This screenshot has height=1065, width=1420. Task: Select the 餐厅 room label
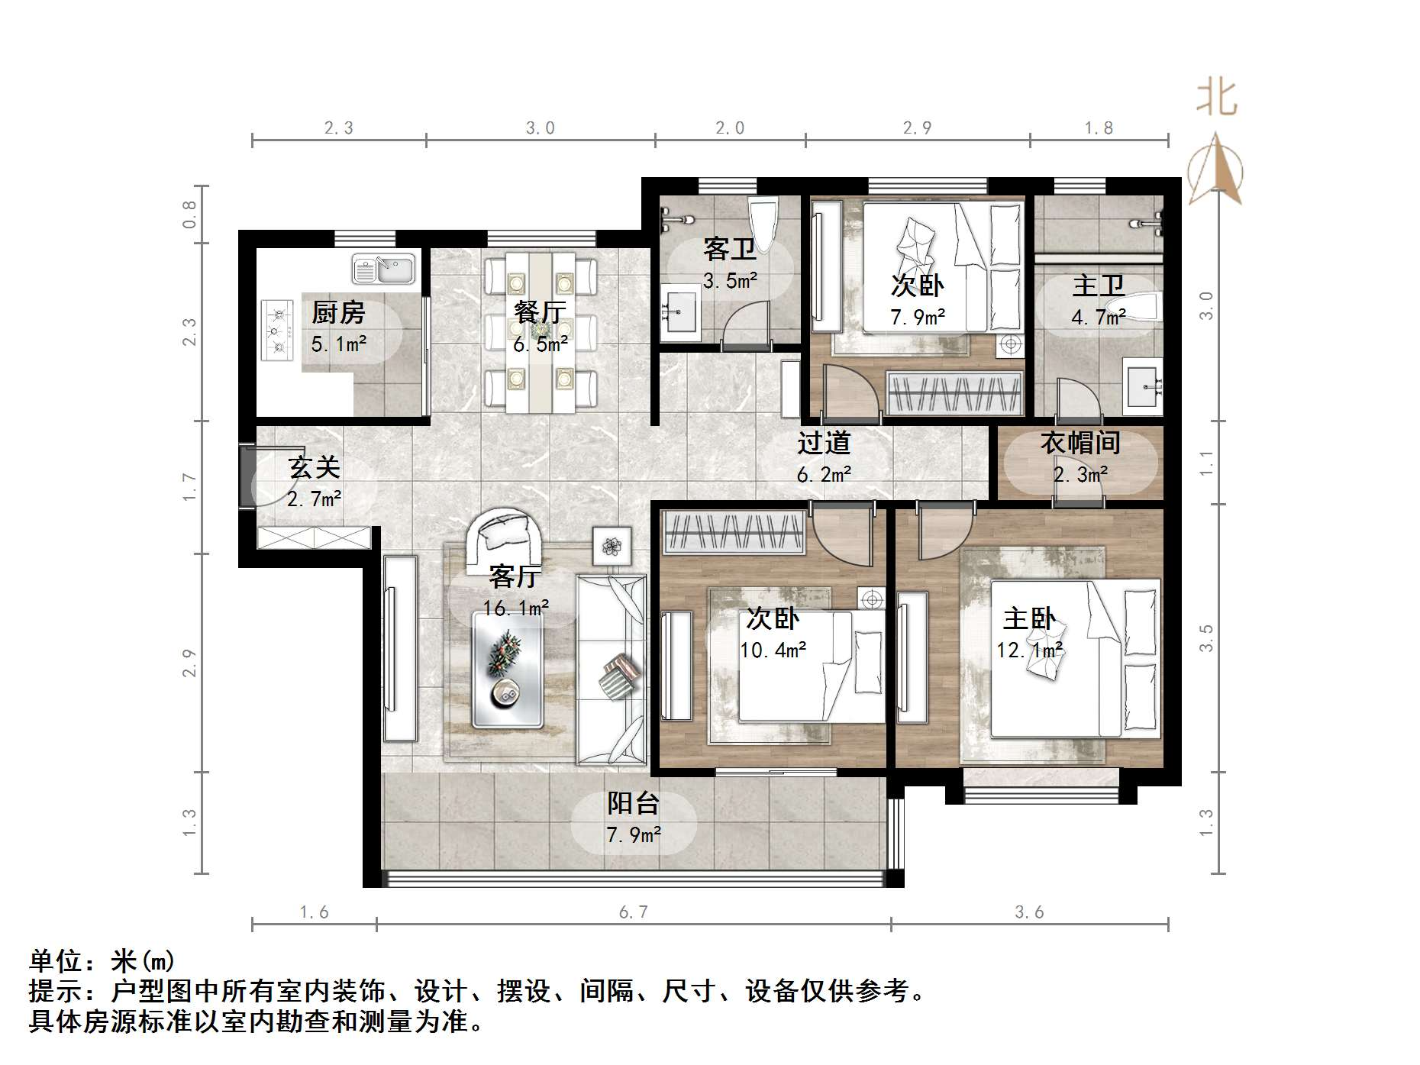click(x=540, y=312)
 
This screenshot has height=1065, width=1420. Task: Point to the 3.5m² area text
click(x=730, y=281)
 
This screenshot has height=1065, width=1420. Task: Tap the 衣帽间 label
click(x=1080, y=443)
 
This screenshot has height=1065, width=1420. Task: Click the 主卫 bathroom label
click(x=1099, y=286)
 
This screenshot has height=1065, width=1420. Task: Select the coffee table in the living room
click(x=507, y=670)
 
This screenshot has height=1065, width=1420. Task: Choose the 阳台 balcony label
click(x=633, y=803)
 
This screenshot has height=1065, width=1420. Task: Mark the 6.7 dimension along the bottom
click(x=633, y=912)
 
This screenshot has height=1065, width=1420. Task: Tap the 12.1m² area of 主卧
click(x=1030, y=650)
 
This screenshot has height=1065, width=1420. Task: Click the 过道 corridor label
click(x=824, y=443)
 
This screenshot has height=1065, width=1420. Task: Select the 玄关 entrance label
click(x=314, y=467)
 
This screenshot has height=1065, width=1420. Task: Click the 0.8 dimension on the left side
click(x=189, y=215)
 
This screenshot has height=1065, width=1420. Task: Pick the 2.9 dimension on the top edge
click(x=917, y=128)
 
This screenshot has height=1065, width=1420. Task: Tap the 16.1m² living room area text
click(x=516, y=608)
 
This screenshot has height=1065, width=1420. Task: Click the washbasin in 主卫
click(x=1143, y=386)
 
